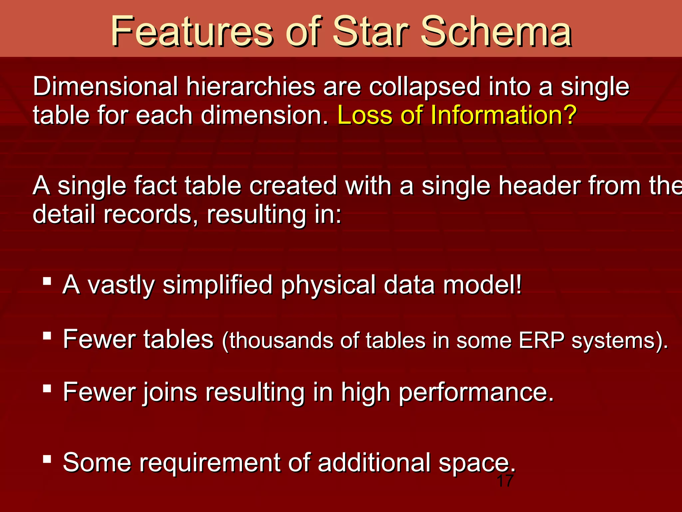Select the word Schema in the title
pos(496,32)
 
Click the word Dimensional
pos(105,86)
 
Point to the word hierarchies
pos(250,86)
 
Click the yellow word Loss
pos(365,115)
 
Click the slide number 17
pos(505,481)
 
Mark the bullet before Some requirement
pos(47,459)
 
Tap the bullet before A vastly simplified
pos(47,281)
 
